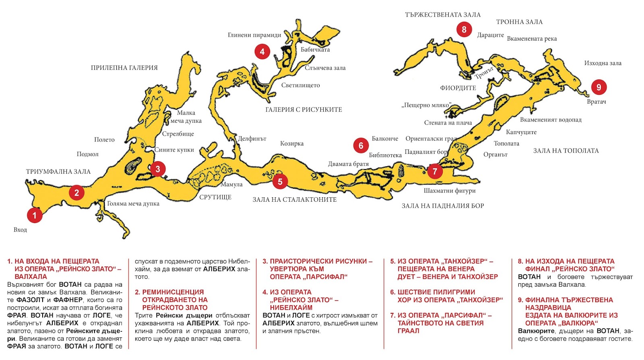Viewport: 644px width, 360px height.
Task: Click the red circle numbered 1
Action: (35, 215)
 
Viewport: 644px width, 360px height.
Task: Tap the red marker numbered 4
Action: (262, 52)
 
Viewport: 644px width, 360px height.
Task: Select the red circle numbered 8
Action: (464, 29)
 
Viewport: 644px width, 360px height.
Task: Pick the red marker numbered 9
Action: (599, 87)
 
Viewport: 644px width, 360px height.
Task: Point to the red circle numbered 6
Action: (361, 145)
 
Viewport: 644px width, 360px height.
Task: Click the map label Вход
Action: (20, 230)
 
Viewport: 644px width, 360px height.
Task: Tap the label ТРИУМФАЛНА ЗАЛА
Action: (58, 172)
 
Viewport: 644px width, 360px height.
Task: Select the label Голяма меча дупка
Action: (133, 204)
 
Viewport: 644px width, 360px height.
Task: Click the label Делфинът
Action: (252, 139)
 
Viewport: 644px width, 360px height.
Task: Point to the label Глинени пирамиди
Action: (254, 35)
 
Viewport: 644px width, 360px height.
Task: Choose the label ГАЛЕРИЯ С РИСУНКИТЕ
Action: (303, 110)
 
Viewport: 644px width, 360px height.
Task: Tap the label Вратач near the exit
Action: (596, 102)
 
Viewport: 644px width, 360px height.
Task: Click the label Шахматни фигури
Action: (450, 190)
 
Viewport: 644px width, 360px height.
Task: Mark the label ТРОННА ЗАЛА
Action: (519, 22)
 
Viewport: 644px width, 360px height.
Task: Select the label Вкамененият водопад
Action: (551, 120)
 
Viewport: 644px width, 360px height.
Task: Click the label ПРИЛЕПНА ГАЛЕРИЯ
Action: (124, 68)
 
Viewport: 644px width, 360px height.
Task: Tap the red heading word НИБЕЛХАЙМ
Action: (291, 308)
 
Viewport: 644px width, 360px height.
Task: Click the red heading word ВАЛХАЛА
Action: (31, 277)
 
